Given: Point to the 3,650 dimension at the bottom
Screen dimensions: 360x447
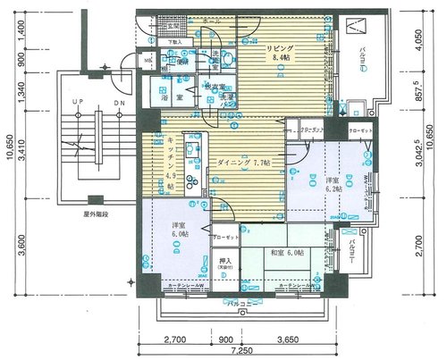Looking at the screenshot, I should [x=288, y=340].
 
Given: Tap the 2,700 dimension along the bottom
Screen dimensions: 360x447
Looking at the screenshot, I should [x=175, y=340].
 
